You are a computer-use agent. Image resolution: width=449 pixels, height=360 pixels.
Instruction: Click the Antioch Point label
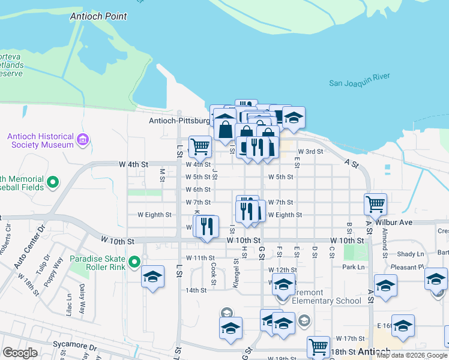click(x=98, y=16)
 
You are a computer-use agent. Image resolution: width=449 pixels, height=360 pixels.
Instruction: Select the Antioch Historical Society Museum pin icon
click(x=82, y=140)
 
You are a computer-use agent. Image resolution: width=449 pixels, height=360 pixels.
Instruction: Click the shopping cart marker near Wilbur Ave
click(x=375, y=204)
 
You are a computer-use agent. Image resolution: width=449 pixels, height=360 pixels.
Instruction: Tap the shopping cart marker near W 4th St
click(x=200, y=145)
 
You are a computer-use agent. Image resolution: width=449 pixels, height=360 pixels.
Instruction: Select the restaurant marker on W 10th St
click(x=207, y=227)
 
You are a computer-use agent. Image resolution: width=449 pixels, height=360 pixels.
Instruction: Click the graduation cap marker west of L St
click(x=152, y=277)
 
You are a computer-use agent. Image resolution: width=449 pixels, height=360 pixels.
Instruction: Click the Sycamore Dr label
click(x=76, y=347)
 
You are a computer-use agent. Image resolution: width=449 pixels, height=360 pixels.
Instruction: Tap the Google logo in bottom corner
click(x=20, y=353)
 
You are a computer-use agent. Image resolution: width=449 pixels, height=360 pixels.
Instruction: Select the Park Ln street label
click(x=353, y=267)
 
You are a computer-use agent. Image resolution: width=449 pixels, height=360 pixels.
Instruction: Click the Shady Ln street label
click(x=411, y=254)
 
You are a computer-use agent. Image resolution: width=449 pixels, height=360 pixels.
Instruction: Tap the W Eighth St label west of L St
click(x=154, y=214)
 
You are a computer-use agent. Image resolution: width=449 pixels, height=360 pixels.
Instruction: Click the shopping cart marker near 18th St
click(x=318, y=346)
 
